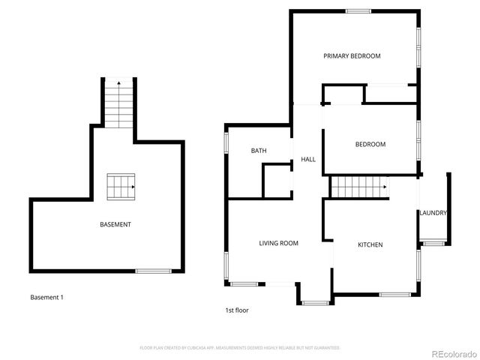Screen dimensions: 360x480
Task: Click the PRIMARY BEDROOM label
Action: point(352,56)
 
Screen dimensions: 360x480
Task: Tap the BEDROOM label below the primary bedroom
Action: point(370,145)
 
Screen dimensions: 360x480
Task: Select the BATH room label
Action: point(259,151)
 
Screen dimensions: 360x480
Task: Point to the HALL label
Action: point(307,160)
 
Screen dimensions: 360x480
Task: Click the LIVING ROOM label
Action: point(278,243)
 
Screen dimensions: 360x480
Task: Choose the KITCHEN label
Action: point(370,245)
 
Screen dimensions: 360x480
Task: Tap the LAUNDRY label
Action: point(433,213)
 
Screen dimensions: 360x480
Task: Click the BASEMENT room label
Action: point(115,225)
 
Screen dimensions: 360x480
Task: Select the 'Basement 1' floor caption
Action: point(46,298)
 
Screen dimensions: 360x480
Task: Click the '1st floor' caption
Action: point(236,310)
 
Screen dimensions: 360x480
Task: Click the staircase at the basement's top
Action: point(118,103)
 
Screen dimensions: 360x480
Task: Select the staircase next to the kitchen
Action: point(359,187)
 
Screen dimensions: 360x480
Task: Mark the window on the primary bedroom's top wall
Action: point(358,10)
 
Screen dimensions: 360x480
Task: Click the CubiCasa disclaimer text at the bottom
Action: point(240,348)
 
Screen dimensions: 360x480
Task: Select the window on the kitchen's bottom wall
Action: point(394,294)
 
